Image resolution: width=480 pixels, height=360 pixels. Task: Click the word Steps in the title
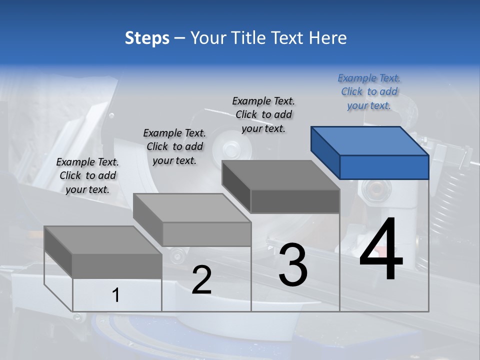[x=147, y=38]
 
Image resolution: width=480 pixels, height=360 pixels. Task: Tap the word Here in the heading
[x=326, y=38]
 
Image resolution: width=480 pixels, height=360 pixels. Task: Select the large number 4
[x=381, y=250]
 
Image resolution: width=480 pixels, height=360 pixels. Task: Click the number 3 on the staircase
[x=292, y=265]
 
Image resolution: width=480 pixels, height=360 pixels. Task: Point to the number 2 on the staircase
[x=201, y=280]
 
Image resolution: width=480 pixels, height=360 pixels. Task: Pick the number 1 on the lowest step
[x=116, y=295]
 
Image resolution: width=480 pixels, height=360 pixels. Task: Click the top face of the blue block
[x=370, y=140]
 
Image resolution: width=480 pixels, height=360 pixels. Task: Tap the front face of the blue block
[x=384, y=167]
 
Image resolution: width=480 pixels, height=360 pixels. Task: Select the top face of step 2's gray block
[x=192, y=208]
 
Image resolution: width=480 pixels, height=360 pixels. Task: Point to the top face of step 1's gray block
[x=103, y=240]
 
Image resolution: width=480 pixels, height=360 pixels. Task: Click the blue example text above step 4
[x=369, y=91]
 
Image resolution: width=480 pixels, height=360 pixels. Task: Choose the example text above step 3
[x=263, y=114]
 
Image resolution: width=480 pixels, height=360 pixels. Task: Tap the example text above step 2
[x=174, y=146]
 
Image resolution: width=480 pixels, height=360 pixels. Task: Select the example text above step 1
[x=87, y=175]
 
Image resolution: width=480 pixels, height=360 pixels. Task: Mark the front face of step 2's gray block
[x=207, y=234]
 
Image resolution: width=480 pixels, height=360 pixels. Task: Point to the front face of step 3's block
[x=295, y=201]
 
